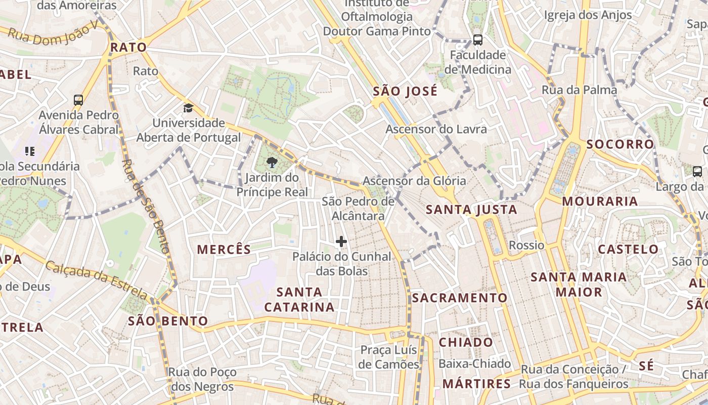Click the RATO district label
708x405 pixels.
(128, 48)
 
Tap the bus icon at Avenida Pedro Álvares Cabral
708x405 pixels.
(78, 100)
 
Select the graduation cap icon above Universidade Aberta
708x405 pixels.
(188, 108)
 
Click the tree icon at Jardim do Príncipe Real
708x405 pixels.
(272, 162)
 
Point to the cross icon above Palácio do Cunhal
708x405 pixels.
(341, 241)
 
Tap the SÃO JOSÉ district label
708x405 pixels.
(405, 92)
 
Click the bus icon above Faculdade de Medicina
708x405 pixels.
(477, 39)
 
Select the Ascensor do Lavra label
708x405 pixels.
(436, 129)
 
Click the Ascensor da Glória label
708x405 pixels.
(414, 181)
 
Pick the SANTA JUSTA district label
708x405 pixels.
(471, 210)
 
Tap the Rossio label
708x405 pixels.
(526, 246)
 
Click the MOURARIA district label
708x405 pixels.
(600, 201)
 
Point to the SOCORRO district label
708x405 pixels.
(620, 144)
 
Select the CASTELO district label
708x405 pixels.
(628, 249)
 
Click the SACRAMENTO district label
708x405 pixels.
(459, 298)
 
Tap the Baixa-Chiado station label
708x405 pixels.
(474, 363)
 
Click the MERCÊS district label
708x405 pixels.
(224, 249)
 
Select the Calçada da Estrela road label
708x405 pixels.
(96, 279)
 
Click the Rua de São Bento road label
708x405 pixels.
(145, 206)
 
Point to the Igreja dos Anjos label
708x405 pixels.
(588, 15)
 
